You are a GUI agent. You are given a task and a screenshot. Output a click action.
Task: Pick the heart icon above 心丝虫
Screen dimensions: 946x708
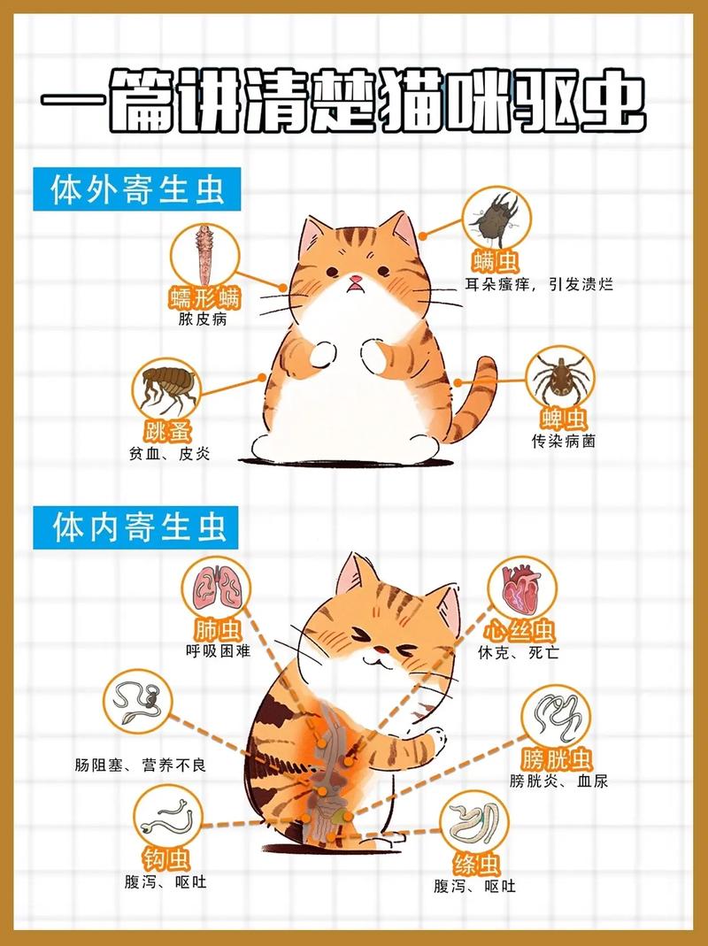(x=520, y=588)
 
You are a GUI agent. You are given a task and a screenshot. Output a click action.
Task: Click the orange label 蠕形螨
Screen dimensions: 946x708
(x=204, y=297)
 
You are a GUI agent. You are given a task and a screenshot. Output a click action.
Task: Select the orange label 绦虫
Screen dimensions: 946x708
(x=473, y=864)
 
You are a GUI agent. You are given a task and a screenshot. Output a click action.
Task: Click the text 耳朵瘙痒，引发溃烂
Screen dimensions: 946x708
(x=539, y=285)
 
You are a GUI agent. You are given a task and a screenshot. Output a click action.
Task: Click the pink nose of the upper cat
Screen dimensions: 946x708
(x=355, y=281)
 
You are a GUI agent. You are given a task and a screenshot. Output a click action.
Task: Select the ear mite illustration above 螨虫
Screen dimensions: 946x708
(x=496, y=218)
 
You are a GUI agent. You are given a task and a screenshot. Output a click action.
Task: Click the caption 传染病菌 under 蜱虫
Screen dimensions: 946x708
(x=563, y=440)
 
